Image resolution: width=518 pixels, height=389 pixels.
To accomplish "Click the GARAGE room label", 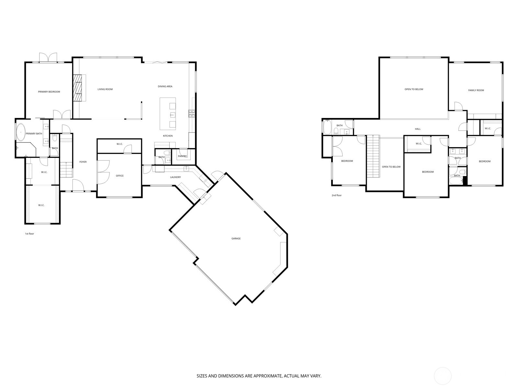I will [x=236, y=239].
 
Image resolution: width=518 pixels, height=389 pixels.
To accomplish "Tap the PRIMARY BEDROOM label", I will [x=49, y=92].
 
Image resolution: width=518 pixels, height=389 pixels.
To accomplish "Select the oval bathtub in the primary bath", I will [x=21, y=132].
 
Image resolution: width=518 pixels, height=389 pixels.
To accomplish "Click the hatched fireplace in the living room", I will [x=77, y=88].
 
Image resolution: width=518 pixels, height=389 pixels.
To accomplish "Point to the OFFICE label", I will [x=120, y=176].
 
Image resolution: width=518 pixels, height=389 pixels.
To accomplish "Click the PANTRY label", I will [x=182, y=156].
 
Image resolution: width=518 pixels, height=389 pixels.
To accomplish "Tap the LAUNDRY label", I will [x=175, y=177].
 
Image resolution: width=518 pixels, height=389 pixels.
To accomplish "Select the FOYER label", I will [x=83, y=162].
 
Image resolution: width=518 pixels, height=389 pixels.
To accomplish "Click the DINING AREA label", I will [x=165, y=87].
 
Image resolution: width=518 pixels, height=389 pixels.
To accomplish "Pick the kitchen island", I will [x=168, y=113].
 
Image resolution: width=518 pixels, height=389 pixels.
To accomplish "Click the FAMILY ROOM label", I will [x=476, y=90].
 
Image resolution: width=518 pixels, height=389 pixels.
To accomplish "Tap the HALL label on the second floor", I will [x=418, y=129].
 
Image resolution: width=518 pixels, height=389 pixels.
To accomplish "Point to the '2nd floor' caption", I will [x=336, y=195].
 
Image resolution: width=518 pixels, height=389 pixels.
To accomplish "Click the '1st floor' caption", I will [x=29, y=234].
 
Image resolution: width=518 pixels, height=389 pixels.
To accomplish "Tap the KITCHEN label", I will [x=168, y=136].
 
